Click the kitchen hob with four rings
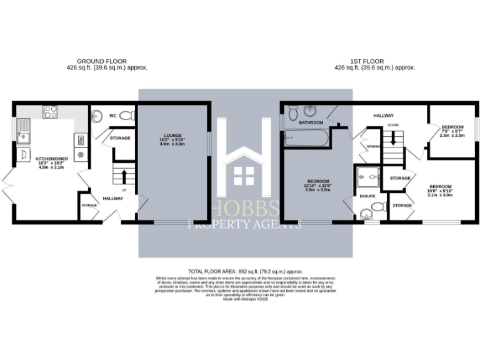pos(51,112)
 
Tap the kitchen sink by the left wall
pos(24,133)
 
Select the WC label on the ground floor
pos(113,116)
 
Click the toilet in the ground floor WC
pos(127,116)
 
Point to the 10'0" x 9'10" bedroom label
pos(439,191)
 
